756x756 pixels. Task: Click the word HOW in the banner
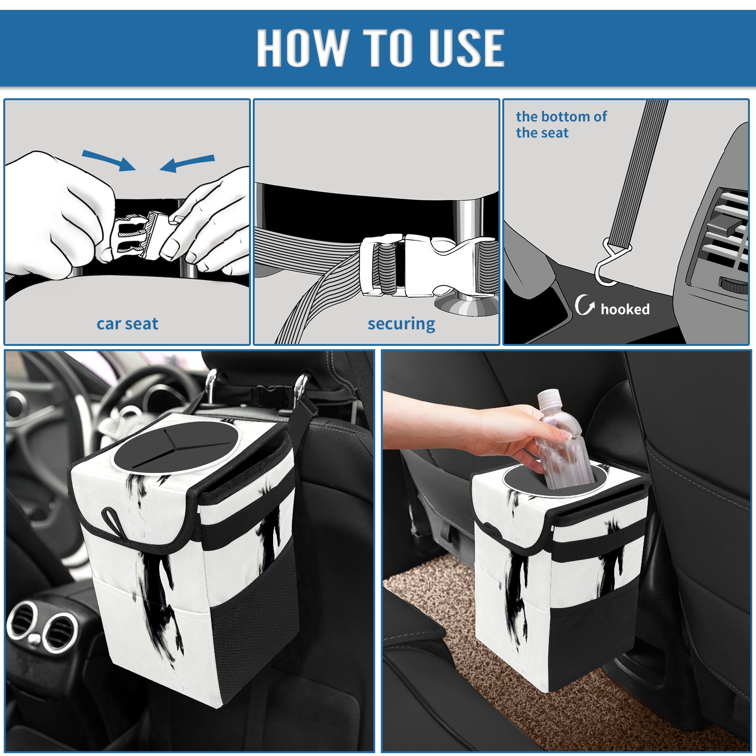301,47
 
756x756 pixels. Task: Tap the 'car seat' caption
127,324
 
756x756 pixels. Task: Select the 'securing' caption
401,324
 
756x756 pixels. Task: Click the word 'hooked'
625,309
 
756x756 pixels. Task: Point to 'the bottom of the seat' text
561,125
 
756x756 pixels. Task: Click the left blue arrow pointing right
109,160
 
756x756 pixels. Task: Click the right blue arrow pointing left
187,163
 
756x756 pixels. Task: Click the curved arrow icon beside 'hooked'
584,305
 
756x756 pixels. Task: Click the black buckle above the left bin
268,392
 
